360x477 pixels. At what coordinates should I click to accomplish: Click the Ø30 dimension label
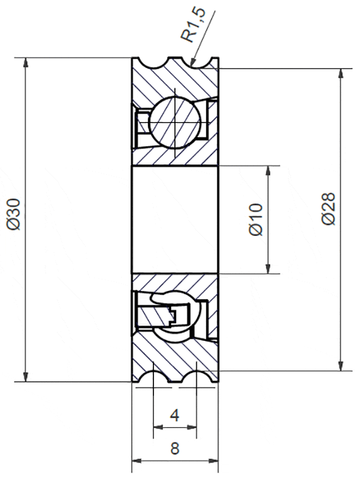click(x=14, y=214)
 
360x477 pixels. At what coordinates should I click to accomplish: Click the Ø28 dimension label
click(x=328, y=209)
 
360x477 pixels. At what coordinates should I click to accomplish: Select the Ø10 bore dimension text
click(x=256, y=220)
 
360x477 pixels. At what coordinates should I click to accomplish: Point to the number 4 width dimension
click(x=174, y=415)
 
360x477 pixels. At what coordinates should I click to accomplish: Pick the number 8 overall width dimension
click(x=175, y=449)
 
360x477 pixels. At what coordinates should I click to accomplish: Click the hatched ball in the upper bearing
click(x=175, y=122)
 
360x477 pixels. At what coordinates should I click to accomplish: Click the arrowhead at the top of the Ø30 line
click(x=26, y=62)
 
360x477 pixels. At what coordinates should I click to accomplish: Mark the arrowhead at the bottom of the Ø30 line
click(x=26, y=377)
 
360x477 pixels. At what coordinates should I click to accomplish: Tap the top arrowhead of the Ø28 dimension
click(x=341, y=74)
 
